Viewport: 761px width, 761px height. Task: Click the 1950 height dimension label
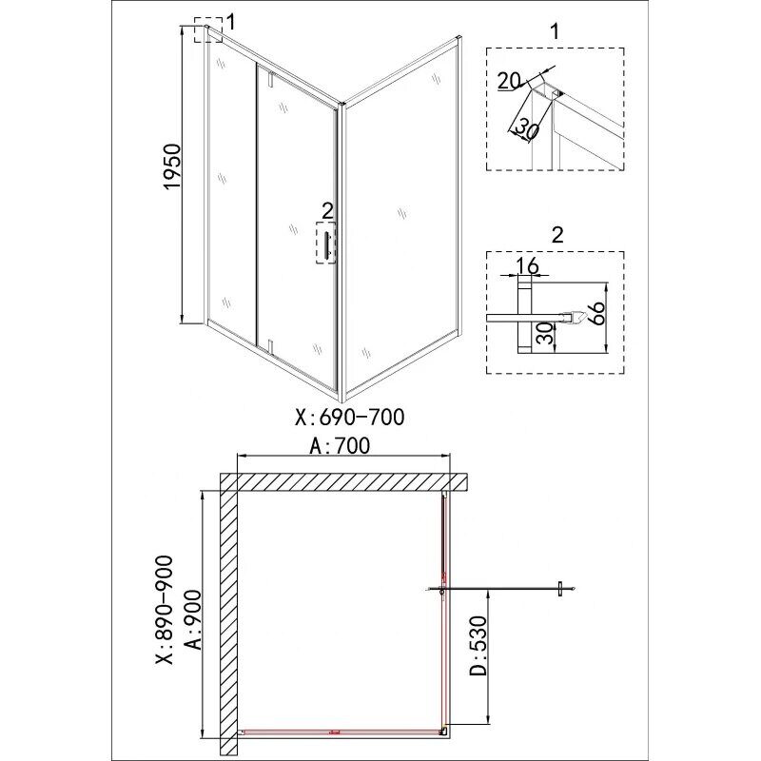172,166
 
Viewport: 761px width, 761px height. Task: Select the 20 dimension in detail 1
509,81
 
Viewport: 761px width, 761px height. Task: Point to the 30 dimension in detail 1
526,128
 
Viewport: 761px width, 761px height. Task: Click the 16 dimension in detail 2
528,266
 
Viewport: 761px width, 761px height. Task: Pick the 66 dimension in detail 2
597,314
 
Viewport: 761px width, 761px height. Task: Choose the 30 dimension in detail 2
546,334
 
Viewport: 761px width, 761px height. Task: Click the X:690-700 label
349,417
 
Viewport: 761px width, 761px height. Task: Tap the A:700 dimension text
340,446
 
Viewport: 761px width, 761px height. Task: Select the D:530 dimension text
478,646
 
